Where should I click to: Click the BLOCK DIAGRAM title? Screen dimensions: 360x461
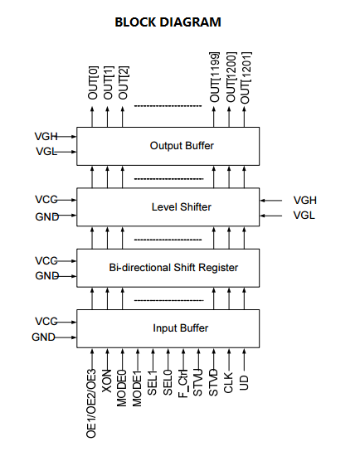coord(168,22)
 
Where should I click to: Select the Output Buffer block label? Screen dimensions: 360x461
coord(182,146)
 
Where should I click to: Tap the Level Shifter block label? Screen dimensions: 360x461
coord(181,207)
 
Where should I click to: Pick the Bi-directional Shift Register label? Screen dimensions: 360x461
coord(173,268)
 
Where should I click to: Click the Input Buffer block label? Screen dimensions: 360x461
coord(181,328)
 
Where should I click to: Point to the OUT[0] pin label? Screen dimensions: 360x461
coord(93,83)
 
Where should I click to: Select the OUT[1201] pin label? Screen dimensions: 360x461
coord(246,78)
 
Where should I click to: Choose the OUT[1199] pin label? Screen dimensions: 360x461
coord(215,77)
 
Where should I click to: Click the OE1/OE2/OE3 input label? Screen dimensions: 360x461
coord(91,403)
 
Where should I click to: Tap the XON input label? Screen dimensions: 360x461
coord(107,381)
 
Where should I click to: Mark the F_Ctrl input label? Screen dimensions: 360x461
coord(183,384)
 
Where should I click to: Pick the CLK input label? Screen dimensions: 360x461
coord(228,383)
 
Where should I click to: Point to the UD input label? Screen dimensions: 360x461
coord(244,382)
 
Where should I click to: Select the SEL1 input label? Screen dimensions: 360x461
coord(152,382)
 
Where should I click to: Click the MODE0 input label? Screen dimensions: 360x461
coord(121,388)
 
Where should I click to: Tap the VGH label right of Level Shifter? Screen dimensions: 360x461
coord(305,200)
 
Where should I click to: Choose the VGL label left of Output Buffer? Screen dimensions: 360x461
coord(46,152)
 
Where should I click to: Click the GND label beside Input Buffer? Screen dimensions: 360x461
coord(43,337)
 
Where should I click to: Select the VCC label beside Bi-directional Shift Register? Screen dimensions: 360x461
coord(46,261)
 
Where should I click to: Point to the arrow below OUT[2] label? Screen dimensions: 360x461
coord(123,117)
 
